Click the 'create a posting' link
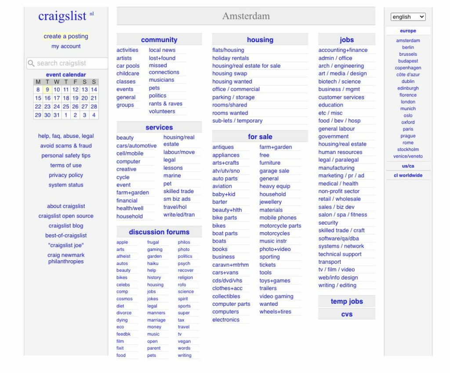(x=66, y=36)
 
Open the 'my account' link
(x=66, y=46)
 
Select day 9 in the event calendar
(x=47, y=90)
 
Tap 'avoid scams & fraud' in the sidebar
(x=66, y=146)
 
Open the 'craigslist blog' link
(x=66, y=226)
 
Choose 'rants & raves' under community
(x=165, y=104)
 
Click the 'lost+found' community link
(x=162, y=58)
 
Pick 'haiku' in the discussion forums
(x=153, y=263)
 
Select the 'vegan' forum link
(x=184, y=341)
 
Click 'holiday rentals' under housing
(x=230, y=58)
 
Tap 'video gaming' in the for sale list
(x=276, y=296)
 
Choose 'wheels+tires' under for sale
(x=275, y=312)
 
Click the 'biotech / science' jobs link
(x=339, y=82)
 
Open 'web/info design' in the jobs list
(x=338, y=277)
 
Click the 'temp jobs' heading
(x=347, y=301)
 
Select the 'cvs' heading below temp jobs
(x=347, y=314)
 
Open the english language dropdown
(x=408, y=17)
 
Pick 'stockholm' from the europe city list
(x=408, y=149)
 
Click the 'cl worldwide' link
(x=408, y=175)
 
